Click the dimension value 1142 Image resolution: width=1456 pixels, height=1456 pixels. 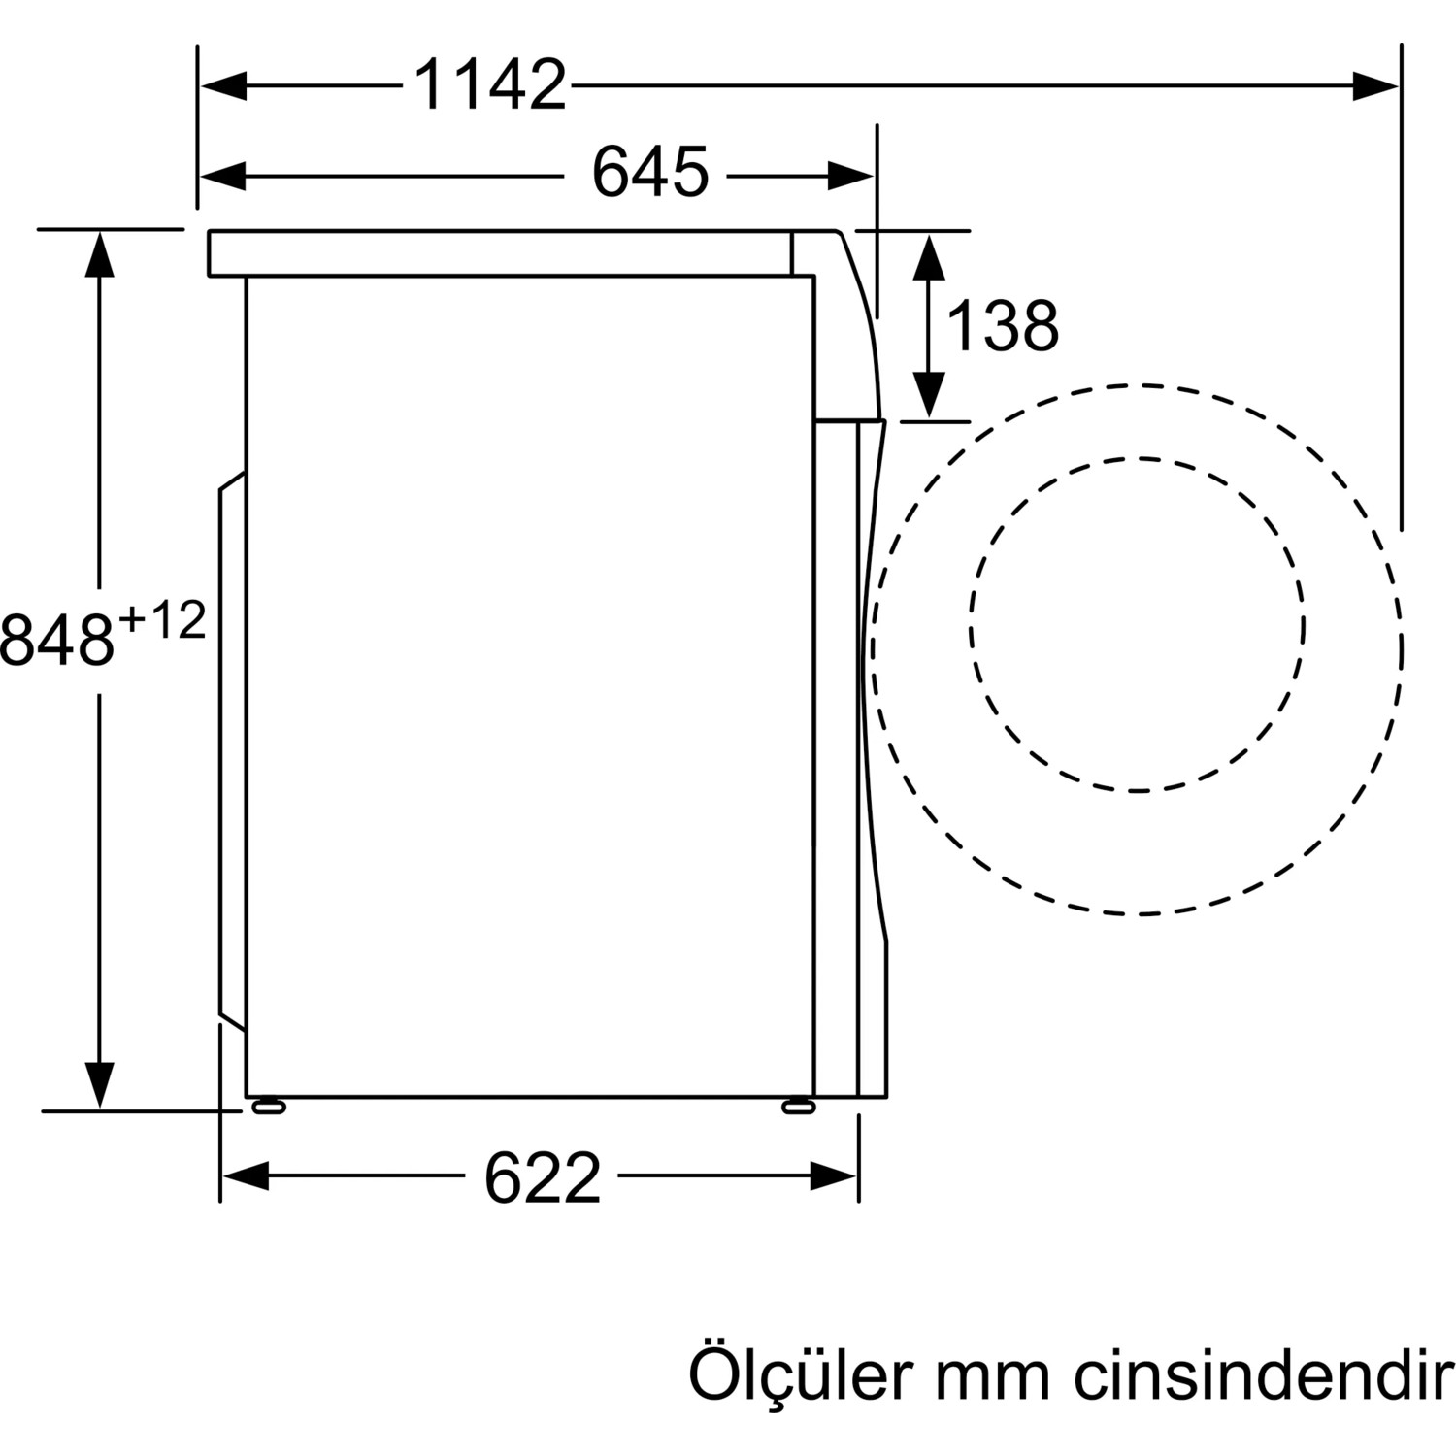point(490,84)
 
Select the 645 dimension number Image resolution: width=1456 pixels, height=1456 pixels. point(650,173)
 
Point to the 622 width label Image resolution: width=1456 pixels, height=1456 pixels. point(543,1177)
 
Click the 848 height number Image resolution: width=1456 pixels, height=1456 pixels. point(58,640)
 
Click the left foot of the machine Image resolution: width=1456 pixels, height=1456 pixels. point(268,1107)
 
